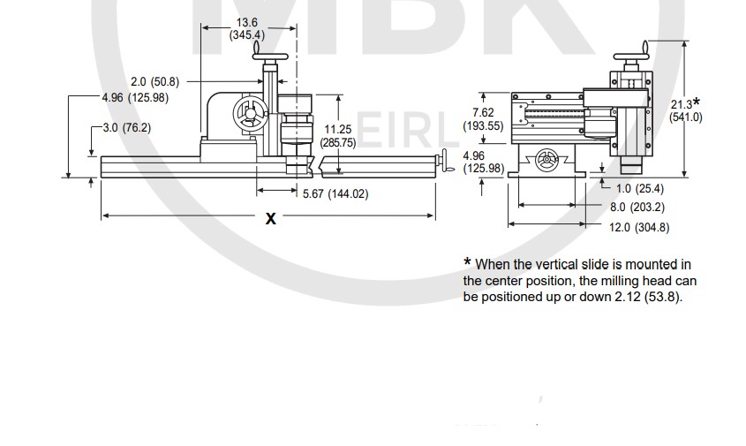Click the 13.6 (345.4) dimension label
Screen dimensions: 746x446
pyautogui.click(x=247, y=28)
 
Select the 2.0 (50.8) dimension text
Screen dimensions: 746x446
pyautogui.click(x=155, y=82)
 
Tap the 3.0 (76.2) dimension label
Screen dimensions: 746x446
pyautogui.click(x=127, y=127)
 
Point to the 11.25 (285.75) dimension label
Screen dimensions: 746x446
pyautogui.click(x=338, y=136)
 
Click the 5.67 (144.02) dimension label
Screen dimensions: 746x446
pyautogui.click(x=335, y=193)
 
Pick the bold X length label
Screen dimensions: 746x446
pyautogui.click(x=271, y=218)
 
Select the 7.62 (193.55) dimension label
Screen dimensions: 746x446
pyautogui.click(x=484, y=119)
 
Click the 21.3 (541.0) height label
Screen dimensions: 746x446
pyautogui.click(x=686, y=110)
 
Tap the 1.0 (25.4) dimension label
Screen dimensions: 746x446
pyautogui.click(x=640, y=188)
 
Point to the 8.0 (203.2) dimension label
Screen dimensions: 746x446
pyautogui.click(x=637, y=207)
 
